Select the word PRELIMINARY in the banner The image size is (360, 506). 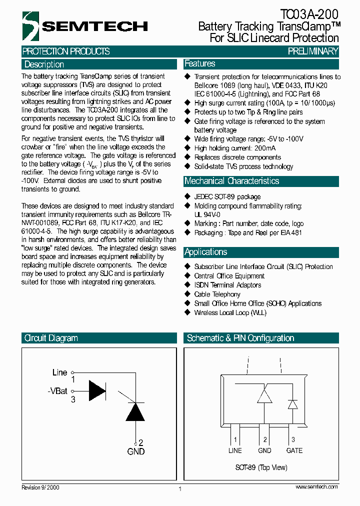coord(313,51)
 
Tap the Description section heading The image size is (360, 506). coord(44,64)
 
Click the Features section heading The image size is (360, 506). coord(200,63)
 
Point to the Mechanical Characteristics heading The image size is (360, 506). coord(231,181)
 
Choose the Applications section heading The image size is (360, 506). coord(205,252)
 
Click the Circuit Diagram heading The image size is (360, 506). coord(51,338)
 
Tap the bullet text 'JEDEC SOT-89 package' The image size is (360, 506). coord(227,197)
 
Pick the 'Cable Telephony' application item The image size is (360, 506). coord(217,294)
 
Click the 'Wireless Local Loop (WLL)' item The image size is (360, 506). coord(230,312)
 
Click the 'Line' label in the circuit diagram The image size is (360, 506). coord(59,372)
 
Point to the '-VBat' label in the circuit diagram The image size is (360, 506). coord(57,391)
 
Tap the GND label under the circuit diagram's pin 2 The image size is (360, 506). coord(135,451)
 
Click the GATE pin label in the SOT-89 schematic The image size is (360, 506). coord(294,450)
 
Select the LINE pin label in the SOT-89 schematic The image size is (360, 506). coord(235,450)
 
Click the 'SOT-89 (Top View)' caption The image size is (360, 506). coord(261,467)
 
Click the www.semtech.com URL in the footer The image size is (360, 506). coord(316,486)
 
